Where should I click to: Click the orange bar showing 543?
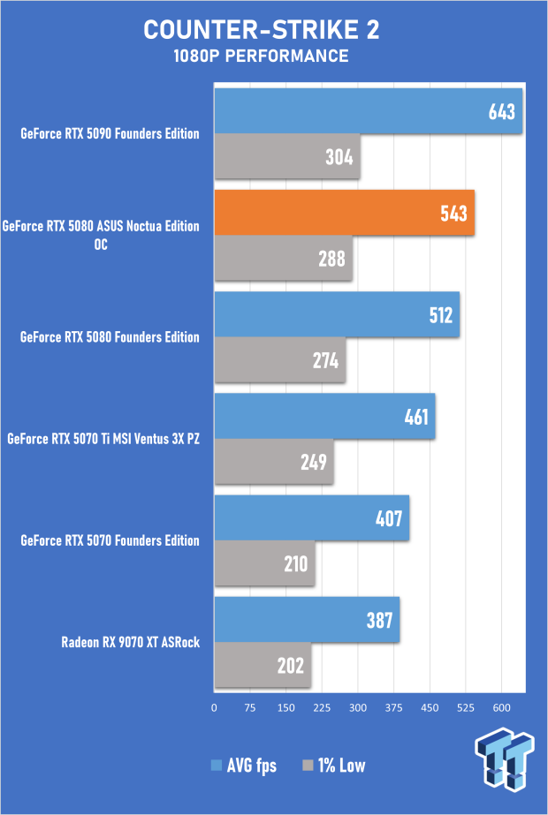345,213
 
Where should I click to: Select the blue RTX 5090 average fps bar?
368,111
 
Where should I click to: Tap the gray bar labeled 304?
286,157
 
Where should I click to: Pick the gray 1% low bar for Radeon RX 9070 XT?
263,665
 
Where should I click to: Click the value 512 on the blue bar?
439,315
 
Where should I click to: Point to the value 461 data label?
415,416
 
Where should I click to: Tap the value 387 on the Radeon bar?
381,619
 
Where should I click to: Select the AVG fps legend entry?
243,765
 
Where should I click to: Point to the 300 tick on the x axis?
358,707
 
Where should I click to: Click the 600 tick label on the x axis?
501,707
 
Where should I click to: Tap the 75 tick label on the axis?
250,707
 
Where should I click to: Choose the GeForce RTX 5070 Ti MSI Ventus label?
103,439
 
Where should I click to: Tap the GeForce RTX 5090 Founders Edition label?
110,134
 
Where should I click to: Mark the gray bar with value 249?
274,462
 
